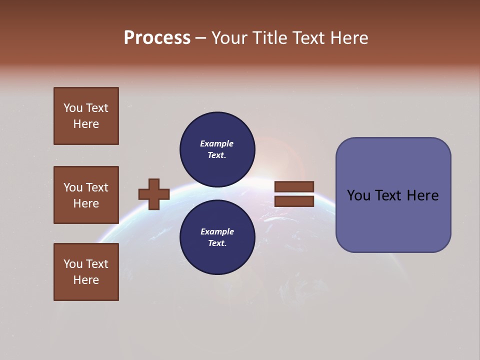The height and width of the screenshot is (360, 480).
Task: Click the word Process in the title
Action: pos(157,38)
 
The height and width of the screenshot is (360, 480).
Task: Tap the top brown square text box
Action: pos(86,116)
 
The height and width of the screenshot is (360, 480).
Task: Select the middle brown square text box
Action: pos(86,195)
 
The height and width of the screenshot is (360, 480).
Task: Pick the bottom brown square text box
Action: pos(86,272)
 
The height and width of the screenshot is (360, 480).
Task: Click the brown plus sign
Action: pos(154,194)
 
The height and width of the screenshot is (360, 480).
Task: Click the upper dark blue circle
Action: pos(217,149)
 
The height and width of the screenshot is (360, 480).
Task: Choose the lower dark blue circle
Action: pos(217,237)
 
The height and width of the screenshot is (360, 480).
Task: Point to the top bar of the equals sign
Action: pos(294,186)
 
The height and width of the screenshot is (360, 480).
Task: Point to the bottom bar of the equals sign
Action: pos(294,201)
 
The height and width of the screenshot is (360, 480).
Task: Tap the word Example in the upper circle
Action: pos(216,143)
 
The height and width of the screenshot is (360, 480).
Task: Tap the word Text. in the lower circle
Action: pos(217,243)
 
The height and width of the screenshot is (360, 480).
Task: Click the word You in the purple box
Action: pos(358,195)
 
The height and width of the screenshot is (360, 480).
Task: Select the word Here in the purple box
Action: pos(422,195)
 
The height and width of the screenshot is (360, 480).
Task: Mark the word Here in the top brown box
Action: pos(86,124)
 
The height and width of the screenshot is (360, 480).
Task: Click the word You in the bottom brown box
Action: pos(73,264)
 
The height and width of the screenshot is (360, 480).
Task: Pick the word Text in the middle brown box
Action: pos(97,187)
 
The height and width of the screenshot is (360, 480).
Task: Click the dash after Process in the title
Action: pos(200,38)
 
